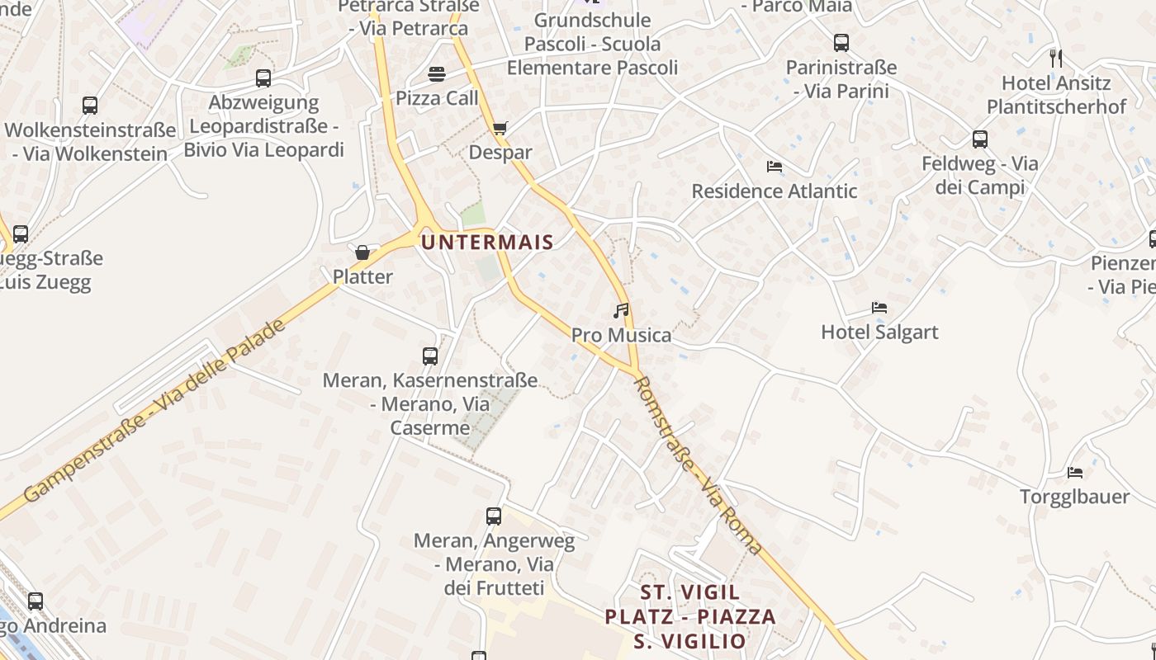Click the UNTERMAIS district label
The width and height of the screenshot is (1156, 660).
pyautogui.click(x=486, y=242)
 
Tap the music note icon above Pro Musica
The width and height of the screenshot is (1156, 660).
pyautogui.click(x=621, y=311)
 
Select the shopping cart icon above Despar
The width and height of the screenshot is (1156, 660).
pyautogui.click(x=500, y=128)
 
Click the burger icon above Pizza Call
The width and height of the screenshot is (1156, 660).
pyautogui.click(x=437, y=74)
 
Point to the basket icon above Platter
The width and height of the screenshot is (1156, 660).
pyautogui.click(x=362, y=252)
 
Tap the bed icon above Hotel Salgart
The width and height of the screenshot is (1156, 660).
pyautogui.click(x=879, y=308)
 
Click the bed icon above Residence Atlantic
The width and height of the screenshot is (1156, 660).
pyautogui.click(x=774, y=167)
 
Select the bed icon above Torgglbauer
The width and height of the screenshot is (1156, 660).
pyautogui.click(x=1074, y=473)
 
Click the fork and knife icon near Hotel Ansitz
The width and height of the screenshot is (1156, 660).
pyautogui.click(x=1055, y=58)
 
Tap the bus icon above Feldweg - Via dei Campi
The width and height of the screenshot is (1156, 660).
pyautogui.click(x=980, y=139)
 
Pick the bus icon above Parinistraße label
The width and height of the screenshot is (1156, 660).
pyautogui.click(x=841, y=43)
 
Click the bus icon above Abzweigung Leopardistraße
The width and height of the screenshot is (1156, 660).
pyautogui.click(x=263, y=78)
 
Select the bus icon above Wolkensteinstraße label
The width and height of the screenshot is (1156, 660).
pyautogui.click(x=90, y=106)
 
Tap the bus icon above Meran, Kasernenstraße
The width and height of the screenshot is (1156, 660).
pyautogui.click(x=430, y=356)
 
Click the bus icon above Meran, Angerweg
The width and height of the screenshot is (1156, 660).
pyautogui.click(x=494, y=516)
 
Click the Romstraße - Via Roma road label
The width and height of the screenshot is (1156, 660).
pyautogui.click(x=699, y=465)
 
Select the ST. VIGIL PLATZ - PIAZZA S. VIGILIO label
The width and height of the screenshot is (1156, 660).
pyautogui.click(x=690, y=616)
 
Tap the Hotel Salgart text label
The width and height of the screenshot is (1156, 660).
pyautogui.click(x=879, y=332)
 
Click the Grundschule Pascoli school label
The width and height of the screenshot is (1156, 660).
pyautogui.click(x=592, y=44)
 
